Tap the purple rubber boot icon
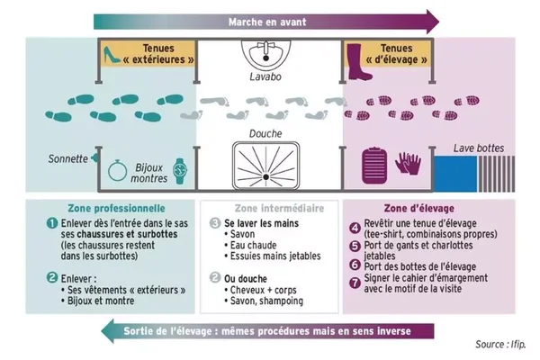coord(359,62)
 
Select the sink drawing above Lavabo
coord(265,54)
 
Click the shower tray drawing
coord(265,166)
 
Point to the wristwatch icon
coord(180,171)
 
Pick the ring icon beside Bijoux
coord(117,170)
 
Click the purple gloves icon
coord(409,163)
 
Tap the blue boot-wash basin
coord(455,174)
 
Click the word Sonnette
coord(67,158)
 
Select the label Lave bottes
coord(479,148)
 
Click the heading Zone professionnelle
coord(116,208)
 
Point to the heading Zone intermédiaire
coord(279,208)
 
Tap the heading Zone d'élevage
coord(419,208)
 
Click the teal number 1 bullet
coord(52,223)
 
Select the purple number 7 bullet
coord(355,283)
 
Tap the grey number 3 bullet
coord(215,223)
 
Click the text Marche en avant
coord(267,22)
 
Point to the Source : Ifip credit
coord(500,344)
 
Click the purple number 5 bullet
coord(355,246)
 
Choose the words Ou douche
coord(246,279)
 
